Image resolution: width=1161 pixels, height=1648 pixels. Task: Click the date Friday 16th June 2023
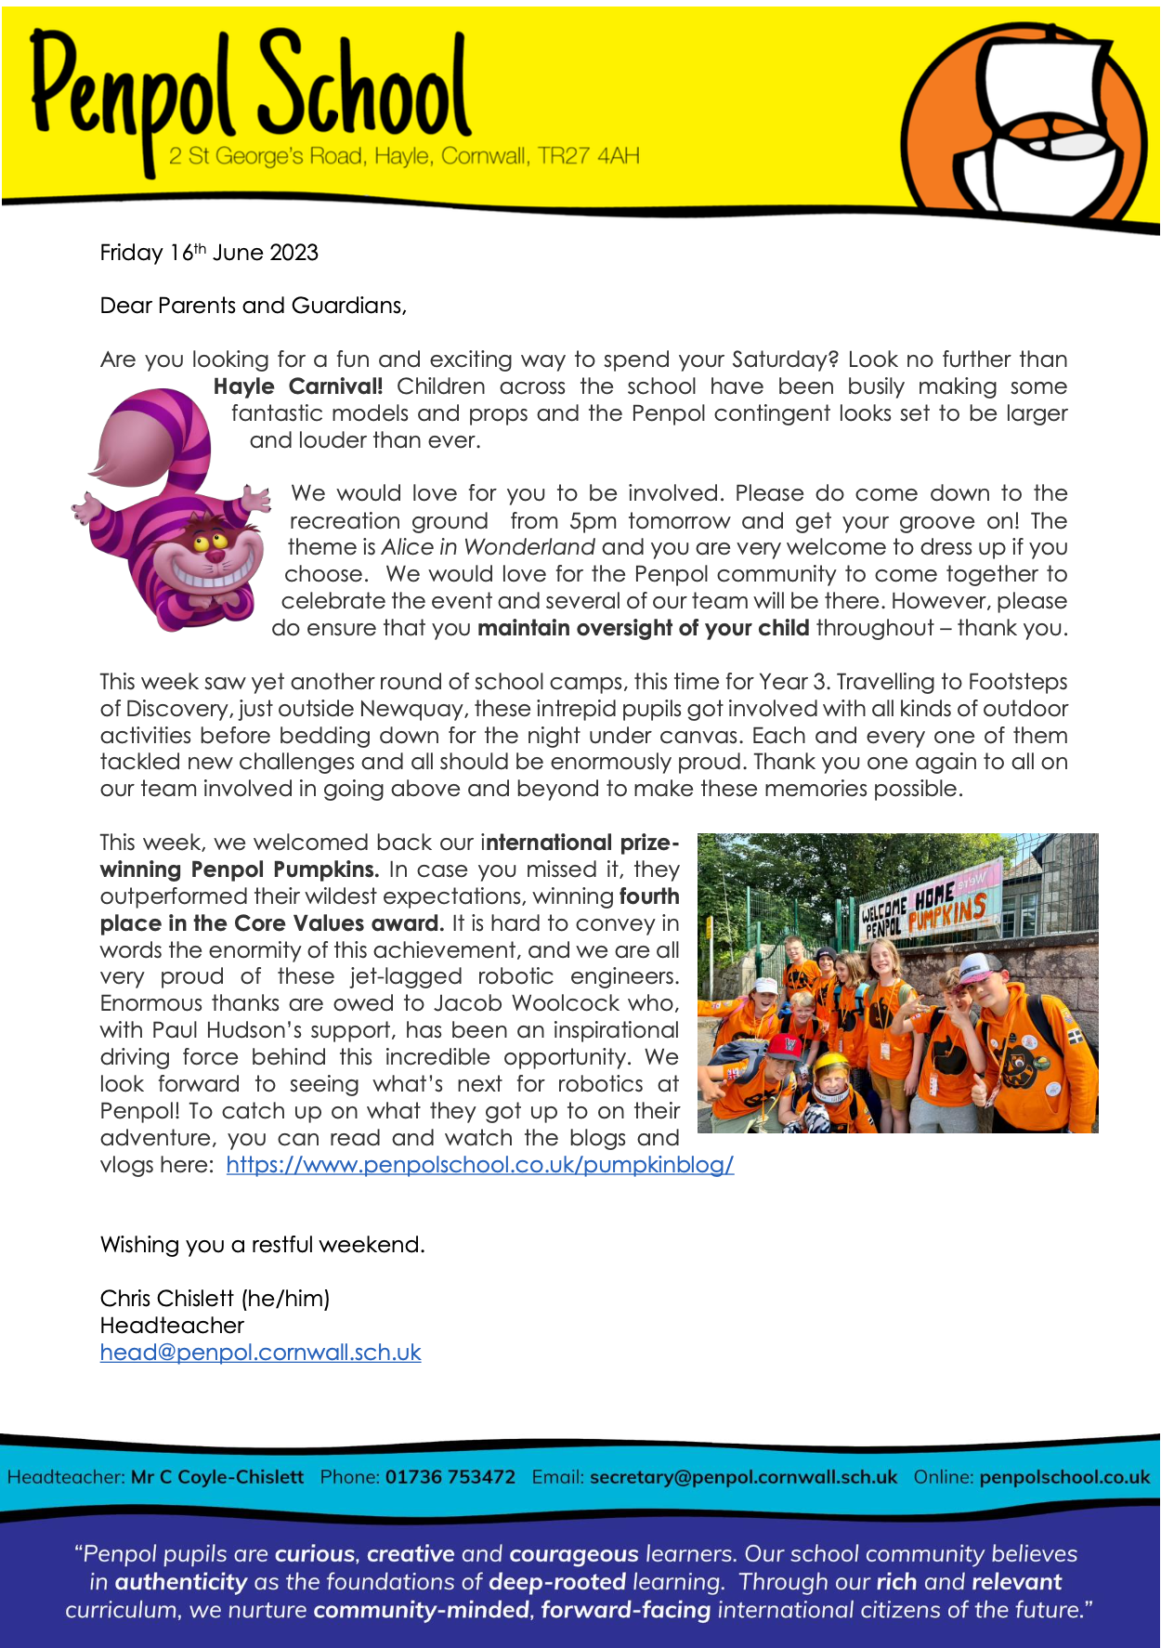coord(209,253)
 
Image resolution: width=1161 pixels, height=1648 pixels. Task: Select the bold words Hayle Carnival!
coord(298,386)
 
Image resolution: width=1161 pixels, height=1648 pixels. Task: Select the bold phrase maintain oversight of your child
coord(643,628)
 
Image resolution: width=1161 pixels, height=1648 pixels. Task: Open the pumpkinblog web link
coord(479,1165)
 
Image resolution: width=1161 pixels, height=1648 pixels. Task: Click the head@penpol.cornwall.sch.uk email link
coord(260,1353)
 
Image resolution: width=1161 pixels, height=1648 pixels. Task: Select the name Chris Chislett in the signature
coord(167,1299)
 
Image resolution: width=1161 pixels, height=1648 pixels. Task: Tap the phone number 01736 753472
coord(450,1477)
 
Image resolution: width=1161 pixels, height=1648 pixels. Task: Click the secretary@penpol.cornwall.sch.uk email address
coord(743,1477)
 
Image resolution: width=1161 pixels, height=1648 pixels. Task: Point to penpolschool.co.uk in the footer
coord(1064,1477)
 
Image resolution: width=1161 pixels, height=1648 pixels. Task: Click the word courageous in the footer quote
coord(574,1554)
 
